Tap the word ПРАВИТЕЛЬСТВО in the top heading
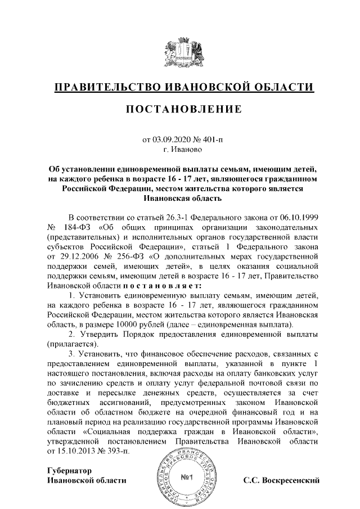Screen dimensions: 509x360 point(106,87)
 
